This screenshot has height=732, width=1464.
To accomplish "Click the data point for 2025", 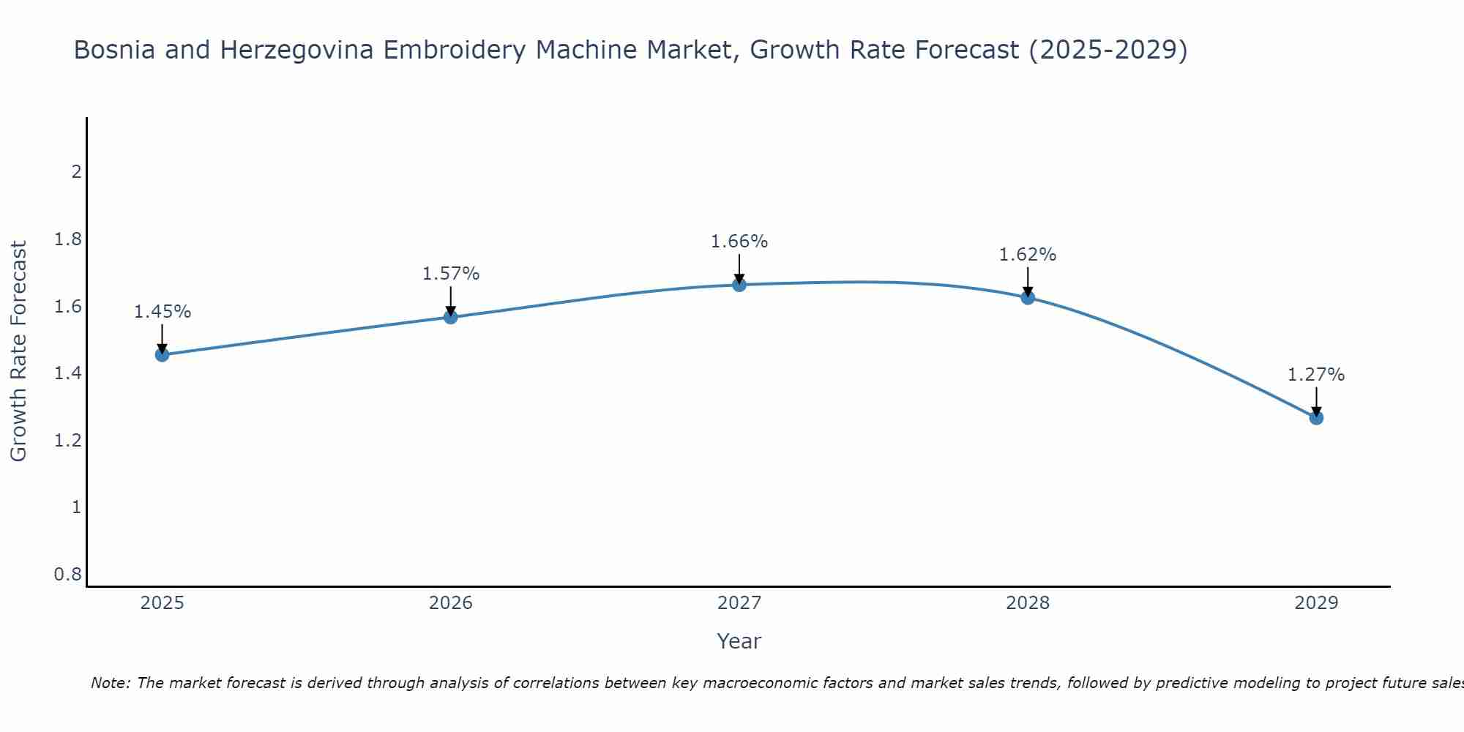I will (163, 355).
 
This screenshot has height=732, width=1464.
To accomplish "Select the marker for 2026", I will (451, 317).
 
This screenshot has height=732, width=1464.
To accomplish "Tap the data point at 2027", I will (739, 285).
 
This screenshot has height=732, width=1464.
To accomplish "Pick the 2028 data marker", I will (1028, 297).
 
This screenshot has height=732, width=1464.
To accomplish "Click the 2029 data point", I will (1316, 418).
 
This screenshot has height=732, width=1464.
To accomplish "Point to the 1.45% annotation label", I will (163, 312).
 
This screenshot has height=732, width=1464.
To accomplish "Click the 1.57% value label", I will (451, 274).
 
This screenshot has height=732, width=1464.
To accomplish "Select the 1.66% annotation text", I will (739, 242).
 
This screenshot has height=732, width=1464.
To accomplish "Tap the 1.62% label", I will (1028, 255).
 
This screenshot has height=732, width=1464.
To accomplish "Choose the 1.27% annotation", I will (1316, 375).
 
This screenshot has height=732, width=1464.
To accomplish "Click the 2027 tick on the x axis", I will (739, 603).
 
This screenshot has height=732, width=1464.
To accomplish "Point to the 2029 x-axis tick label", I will (1316, 603).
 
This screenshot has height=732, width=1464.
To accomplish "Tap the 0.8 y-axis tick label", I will (68, 575).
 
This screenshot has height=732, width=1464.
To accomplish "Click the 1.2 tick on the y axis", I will (68, 441).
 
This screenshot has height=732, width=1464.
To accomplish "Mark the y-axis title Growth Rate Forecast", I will (18, 351).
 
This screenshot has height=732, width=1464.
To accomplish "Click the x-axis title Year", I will (739, 641).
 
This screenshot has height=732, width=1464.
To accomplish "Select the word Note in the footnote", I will (110, 683).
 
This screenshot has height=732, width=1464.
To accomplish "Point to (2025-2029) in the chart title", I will (1108, 50).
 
